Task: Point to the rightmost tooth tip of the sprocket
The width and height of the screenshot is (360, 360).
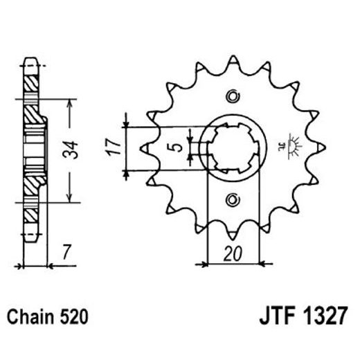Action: [324, 147]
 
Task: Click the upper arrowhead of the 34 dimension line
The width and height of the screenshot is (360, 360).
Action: [69, 100]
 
